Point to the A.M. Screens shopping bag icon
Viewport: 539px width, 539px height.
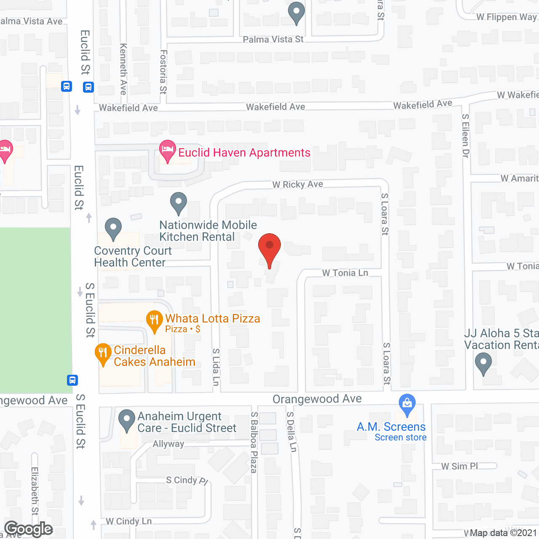click(407, 404)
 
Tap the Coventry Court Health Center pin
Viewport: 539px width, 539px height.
click(113, 229)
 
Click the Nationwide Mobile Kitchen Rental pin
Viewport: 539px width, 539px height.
click(179, 203)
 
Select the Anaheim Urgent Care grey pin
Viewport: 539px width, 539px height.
click(126, 420)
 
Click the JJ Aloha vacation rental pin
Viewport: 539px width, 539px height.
click(483, 363)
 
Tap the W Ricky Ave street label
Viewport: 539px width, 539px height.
click(298, 184)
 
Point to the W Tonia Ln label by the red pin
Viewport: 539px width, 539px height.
click(345, 273)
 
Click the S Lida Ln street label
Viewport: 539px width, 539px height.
click(216, 367)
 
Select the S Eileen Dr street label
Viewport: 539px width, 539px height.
click(465, 136)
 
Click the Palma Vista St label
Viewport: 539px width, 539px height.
click(273, 40)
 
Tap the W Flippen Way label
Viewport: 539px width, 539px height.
click(507, 17)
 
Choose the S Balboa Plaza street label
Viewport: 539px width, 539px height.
click(254, 442)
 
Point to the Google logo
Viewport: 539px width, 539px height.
click(28, 529)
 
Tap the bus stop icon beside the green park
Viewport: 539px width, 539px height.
click(72, 380)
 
